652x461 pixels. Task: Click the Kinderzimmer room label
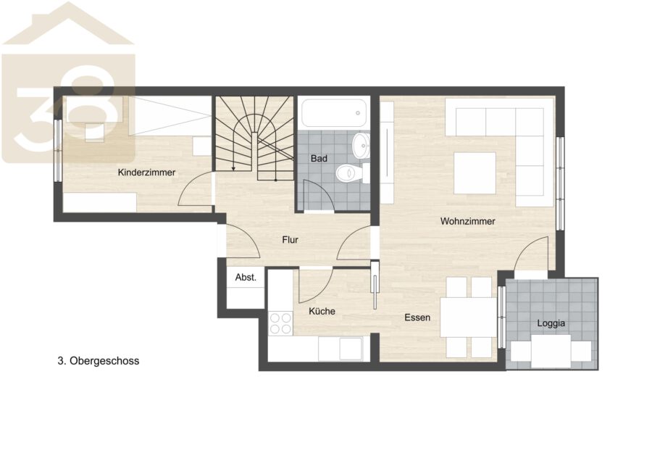click(146, 173)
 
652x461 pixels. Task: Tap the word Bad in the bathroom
click(319, 159)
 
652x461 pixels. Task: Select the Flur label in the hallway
click(290, 240)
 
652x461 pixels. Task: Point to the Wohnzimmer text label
click(468, 221)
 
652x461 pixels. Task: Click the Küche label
click(322, 311)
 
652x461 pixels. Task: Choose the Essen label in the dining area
click(417, 318)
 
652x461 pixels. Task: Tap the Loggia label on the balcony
click(551, 323)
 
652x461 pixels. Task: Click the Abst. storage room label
click(246, 278)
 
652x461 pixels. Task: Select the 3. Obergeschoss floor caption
click(98, 361)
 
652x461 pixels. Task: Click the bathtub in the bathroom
click(333, 113)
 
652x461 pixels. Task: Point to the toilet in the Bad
click(353, 173)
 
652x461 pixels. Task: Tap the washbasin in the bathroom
click(361, 146)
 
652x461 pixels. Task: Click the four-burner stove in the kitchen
click(280, 323)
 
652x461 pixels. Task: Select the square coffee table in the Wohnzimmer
click(475, 173)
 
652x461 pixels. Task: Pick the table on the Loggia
click(551, 351)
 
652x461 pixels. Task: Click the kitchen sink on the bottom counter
click(351, 349)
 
